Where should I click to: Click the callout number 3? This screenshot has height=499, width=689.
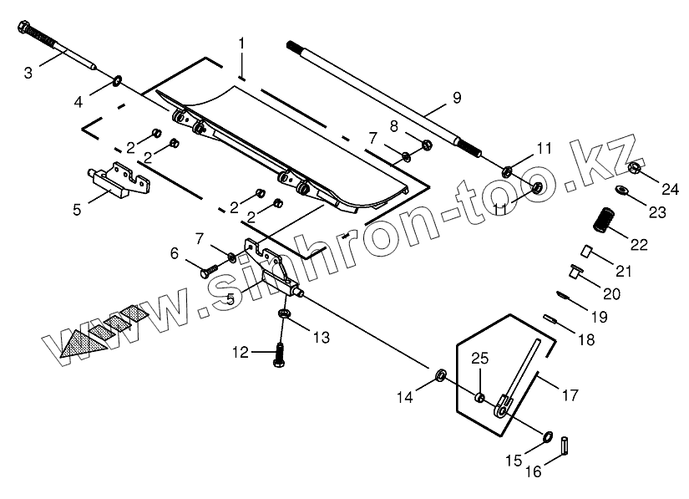(28, 73)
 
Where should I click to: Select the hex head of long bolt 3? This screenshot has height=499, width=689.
(23, 30)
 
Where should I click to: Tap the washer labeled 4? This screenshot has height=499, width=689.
(118, 81)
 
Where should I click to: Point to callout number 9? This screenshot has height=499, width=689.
(457, 98)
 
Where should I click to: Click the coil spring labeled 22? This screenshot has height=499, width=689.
(603, 221)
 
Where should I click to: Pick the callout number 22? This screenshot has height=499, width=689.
(639, 245)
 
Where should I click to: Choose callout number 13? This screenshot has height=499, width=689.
(322, 338)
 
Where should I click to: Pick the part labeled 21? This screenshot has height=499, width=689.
(585, 250)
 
